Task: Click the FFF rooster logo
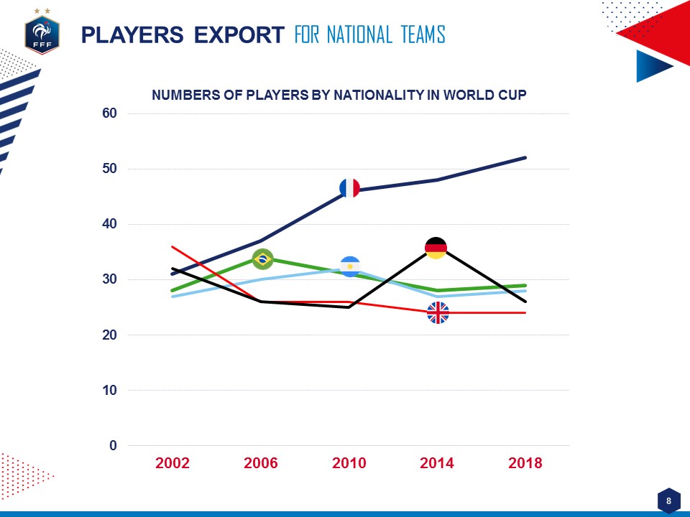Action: [x=42, y=34]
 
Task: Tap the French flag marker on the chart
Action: [x=349, y=188]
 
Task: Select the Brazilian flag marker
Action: [x=262, y=258]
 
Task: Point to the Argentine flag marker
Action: [x=350, y=266]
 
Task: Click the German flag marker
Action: [x=436, y=248]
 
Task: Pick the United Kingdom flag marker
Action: [x=438, y=313]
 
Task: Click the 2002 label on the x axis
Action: [x=172, y=463]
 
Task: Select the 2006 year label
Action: [x=261, y=463]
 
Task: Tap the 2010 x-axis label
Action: [x=349, y=463]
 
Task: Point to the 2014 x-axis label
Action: [x=437, y=463]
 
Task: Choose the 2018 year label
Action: [x=525, y=463]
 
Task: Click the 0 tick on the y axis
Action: [x=113, y=446]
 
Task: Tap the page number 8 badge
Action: [x=669, y=500]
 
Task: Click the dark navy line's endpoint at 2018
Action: [x=525, y=157]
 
